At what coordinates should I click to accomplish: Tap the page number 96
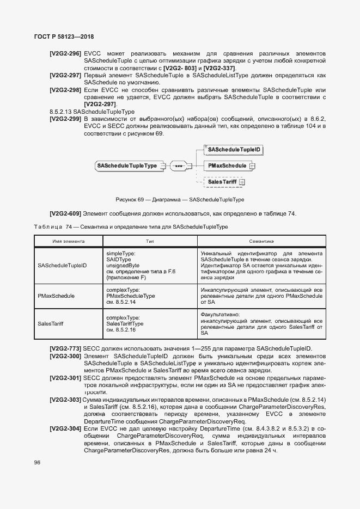click(38, 462)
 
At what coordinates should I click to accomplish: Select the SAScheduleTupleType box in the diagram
click(127, 165)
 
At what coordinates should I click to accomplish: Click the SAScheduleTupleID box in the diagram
click(234, 149)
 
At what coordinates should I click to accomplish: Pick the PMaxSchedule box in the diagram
click(227, 165)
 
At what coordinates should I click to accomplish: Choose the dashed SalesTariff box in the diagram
click(223, 182)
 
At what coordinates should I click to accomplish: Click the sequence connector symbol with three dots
click(178, 165)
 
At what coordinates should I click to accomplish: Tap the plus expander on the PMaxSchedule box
click(252, 165)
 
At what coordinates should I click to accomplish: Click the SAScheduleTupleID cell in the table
click(62, 266)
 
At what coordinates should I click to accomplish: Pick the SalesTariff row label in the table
click(51, 323)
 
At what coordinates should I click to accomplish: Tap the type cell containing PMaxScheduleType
click(131, 296)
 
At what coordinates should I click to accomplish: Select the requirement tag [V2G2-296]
click(65, 54)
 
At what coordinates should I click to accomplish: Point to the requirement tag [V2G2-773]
click(65, 348)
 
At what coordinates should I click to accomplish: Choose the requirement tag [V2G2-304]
click(65, 429)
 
